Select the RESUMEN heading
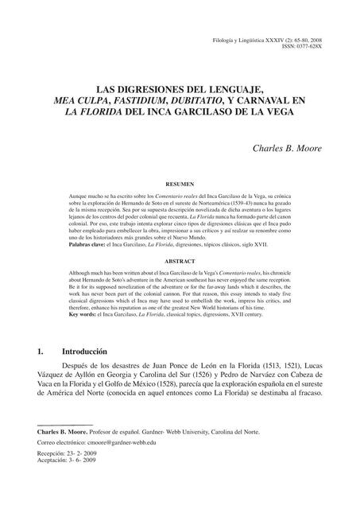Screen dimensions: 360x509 pos(180,183)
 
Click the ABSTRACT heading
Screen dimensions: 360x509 pos(180,261)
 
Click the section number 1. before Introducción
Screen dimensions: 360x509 pos(30,351)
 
